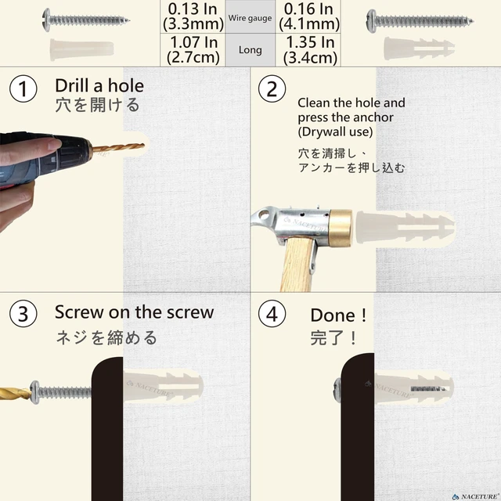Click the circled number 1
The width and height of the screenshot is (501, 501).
click(23, 88)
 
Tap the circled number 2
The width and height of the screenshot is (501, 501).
click(272, 88)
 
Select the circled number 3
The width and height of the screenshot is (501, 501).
click(23, 313)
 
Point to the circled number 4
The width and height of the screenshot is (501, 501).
click(272, 313)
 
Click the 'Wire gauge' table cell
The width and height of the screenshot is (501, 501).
click(250, 16)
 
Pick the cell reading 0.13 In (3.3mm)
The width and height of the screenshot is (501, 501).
click(193, 16)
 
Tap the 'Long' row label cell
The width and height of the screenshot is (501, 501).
click(250, 50)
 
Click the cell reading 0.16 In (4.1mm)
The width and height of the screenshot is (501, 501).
click(308, 16)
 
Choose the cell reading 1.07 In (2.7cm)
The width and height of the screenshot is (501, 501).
click(193, 50)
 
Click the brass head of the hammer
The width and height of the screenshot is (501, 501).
click(341, 228)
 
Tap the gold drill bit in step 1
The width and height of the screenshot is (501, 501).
click(118, 148)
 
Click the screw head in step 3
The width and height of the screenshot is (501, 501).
click(34, 392)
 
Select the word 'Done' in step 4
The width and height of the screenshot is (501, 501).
click(333, 315)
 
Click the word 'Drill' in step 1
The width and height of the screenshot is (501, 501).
click(72, 85)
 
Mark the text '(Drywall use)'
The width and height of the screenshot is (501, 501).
click(335, 132)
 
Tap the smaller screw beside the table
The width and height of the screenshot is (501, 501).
click(86, 20)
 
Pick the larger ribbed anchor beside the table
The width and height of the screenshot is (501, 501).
click(419, 49)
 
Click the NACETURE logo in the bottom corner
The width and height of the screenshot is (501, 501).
click(476, 496)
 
